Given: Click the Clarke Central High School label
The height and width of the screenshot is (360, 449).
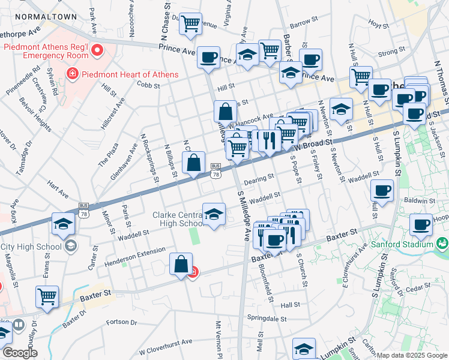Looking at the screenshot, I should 178,219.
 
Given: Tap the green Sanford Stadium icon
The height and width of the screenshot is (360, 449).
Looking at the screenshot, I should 442,243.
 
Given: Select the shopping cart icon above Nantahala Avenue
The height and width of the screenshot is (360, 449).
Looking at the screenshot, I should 191,24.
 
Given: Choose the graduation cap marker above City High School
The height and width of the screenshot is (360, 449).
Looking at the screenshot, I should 63,223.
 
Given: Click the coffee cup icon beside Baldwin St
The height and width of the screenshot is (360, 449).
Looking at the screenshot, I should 382,191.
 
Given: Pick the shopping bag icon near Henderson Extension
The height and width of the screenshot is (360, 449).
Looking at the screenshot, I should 181,263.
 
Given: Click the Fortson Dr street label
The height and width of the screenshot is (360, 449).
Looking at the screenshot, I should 121,322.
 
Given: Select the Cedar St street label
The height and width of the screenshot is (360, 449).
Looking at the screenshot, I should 414,289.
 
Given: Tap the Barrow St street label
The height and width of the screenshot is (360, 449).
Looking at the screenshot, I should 304,23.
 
